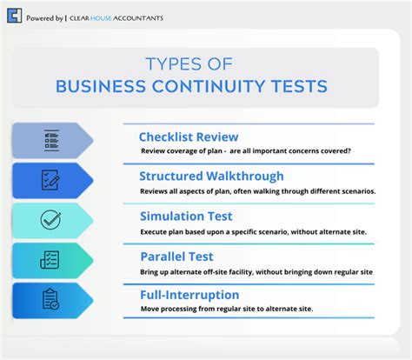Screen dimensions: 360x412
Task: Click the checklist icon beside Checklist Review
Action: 50,140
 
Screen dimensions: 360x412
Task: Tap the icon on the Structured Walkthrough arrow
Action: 50,180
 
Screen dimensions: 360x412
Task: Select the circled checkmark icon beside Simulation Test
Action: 50,219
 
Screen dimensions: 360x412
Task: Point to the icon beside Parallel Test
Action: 50,259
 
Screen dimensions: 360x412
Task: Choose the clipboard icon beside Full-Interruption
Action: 50,298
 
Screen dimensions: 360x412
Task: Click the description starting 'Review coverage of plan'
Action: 246,150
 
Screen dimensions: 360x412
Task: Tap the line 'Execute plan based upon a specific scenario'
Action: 251,232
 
